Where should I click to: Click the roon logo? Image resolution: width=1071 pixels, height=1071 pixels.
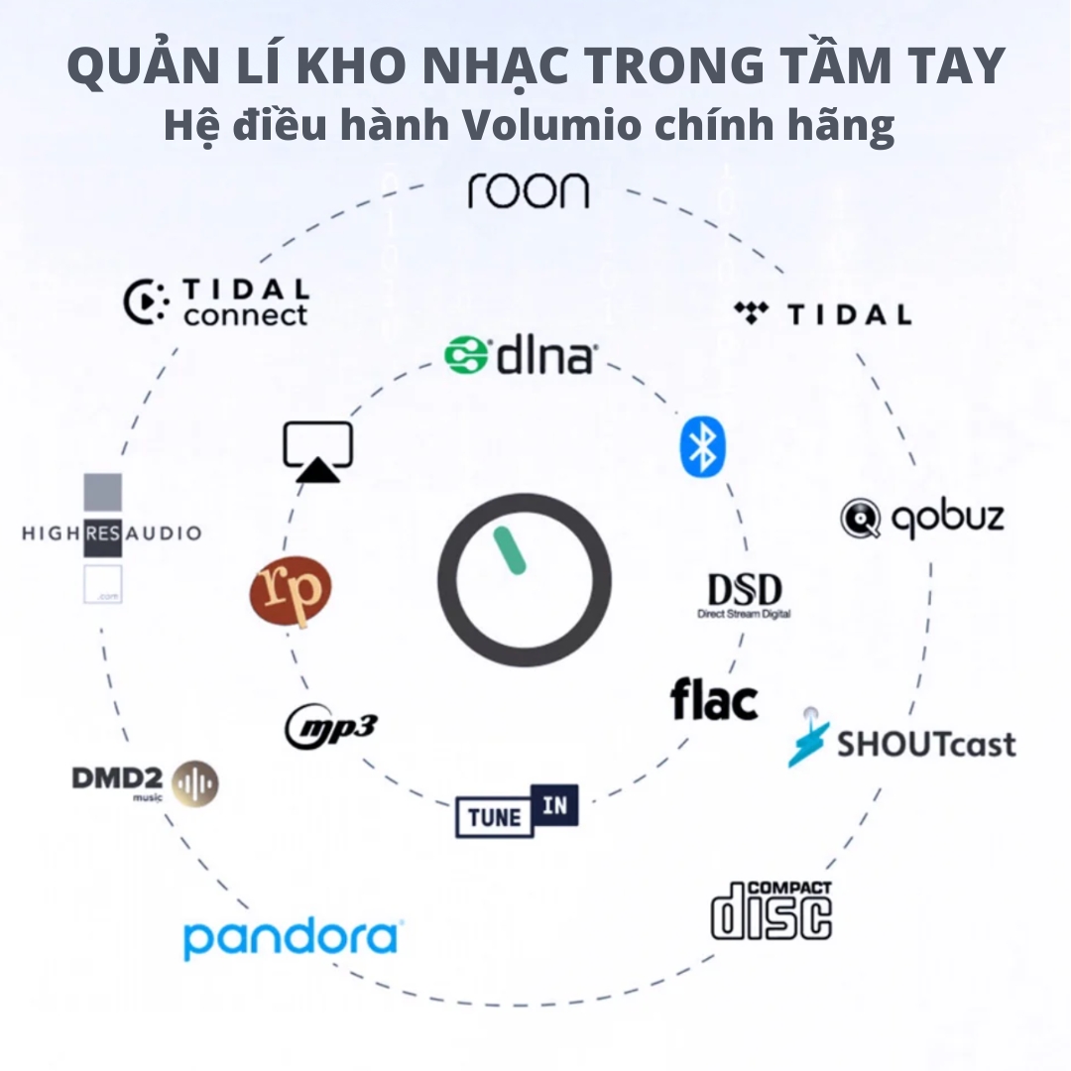click(x=528, y=190)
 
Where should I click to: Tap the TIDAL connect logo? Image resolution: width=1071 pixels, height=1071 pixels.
click(x=217, y=302)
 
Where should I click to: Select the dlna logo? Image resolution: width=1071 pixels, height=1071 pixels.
click(x=521, y=356)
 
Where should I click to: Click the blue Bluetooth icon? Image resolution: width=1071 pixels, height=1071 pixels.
click(x=702, y=446)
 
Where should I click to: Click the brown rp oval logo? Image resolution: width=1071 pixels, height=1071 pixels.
click(x=291, y=593)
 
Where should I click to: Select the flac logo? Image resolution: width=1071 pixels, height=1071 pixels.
click(x=714, y=700)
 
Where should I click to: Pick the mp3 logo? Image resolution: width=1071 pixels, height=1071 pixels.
click(x=331, y=727)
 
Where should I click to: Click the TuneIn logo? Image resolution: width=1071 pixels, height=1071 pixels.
click(x=517, y=811)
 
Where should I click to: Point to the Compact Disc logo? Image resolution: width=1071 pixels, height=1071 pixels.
click(x=772, y=909)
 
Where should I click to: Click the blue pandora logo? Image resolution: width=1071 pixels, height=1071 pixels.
click(x=292, y=937)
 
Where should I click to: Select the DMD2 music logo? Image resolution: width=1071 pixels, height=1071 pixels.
click(x=145, y=782)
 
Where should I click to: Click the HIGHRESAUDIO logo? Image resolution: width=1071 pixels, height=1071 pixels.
click(x=110, y=535)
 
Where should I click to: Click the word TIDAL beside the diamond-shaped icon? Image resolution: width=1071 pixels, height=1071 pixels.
click(x=849, y=315)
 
